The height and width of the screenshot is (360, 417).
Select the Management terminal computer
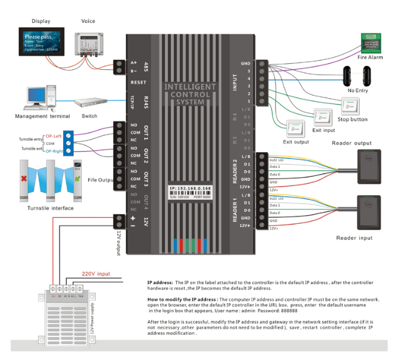tap(41, 99)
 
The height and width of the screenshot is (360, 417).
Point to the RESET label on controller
tap(138, 82)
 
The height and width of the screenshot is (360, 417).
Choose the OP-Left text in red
tap(54, 135)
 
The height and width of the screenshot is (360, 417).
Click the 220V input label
tap(95, 273)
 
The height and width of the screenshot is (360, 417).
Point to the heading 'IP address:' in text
tap(160, 282)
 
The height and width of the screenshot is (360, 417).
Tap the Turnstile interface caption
tap(51, 208)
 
